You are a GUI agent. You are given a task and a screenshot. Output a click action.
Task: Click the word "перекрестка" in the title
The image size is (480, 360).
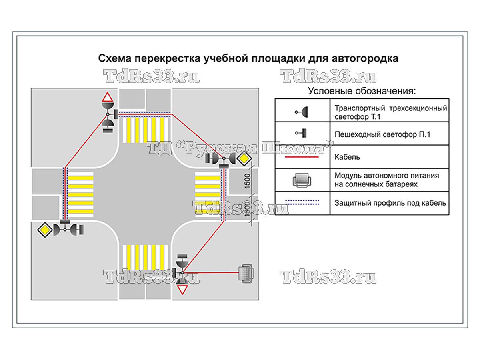[168, 58]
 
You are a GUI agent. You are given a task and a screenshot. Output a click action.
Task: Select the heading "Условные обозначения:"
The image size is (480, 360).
[362, 91]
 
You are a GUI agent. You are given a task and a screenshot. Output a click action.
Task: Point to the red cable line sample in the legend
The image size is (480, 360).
[302, 157]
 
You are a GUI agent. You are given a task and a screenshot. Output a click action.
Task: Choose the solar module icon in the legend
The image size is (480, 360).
[302, 180]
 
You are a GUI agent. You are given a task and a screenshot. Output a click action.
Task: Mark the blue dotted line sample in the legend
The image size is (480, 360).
[302, 202]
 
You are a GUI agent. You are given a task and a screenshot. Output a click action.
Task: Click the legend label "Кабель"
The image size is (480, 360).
[347, 157]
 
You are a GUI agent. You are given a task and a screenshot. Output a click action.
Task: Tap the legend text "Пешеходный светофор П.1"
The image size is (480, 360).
[382, 134]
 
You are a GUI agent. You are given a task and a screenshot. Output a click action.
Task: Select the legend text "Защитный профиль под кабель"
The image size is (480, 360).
[390, 203]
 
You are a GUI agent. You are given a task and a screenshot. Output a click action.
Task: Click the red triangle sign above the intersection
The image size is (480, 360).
[107, 97]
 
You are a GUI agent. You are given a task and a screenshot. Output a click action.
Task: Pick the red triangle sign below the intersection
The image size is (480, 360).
[183, 290]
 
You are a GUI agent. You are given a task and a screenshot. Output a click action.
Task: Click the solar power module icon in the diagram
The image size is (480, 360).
[245, 274]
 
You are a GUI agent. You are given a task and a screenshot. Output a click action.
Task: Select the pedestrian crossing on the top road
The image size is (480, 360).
[146, 130]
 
